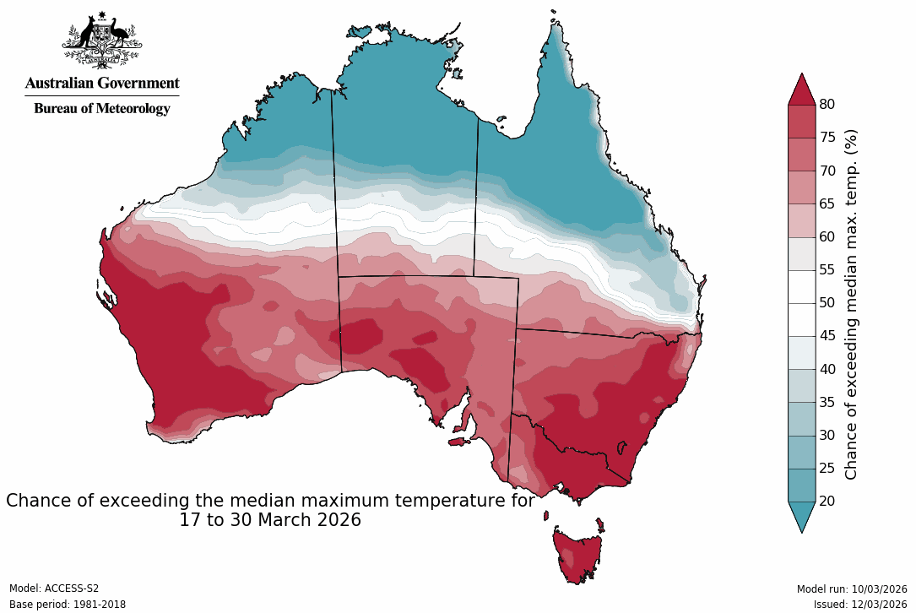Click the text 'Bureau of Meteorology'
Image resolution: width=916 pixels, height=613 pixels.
pyautogui.click(x=102, y=109)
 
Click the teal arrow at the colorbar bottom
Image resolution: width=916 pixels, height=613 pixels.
pyautogui.click(x=801, y=515)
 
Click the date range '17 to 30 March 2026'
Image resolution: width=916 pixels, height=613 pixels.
pyautogui.click(x=270, y=520)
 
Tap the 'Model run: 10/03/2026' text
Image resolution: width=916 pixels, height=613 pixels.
pyautogui.click(x=851, y=589)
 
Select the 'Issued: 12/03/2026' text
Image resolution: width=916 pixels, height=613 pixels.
pyautogui.click(x=859, y=605)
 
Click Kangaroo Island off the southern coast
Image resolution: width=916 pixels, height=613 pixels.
pyautogui.click(x=459, y=441)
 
